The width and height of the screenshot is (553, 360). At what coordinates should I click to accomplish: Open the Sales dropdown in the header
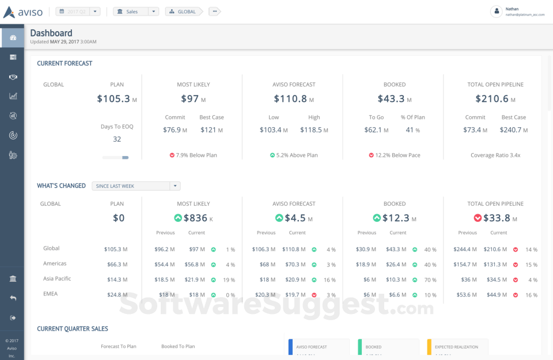(136, 12)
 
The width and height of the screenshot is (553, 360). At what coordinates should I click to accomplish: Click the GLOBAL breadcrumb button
(183, 12)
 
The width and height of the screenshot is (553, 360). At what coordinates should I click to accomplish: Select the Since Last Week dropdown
(136, 186)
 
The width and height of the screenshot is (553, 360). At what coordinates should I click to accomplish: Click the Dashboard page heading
(51, 33)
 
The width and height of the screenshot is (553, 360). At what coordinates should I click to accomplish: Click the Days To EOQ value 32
(117, 139)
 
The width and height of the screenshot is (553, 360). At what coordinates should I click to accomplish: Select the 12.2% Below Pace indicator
(395, 156)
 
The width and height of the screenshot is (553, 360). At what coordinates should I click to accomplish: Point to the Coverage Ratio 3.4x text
(495, 156)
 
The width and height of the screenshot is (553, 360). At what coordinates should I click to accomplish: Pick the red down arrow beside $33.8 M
(478, 218)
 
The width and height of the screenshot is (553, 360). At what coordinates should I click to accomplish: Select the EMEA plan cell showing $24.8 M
(116, 294)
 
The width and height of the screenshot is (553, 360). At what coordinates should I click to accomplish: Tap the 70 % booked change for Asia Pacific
(430, 279)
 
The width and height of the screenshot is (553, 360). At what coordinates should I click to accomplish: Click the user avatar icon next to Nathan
(496, 12)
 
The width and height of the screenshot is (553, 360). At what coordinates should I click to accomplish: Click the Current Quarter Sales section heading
(73, 329)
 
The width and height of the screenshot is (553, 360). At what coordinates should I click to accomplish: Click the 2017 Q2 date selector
(78, 12)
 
